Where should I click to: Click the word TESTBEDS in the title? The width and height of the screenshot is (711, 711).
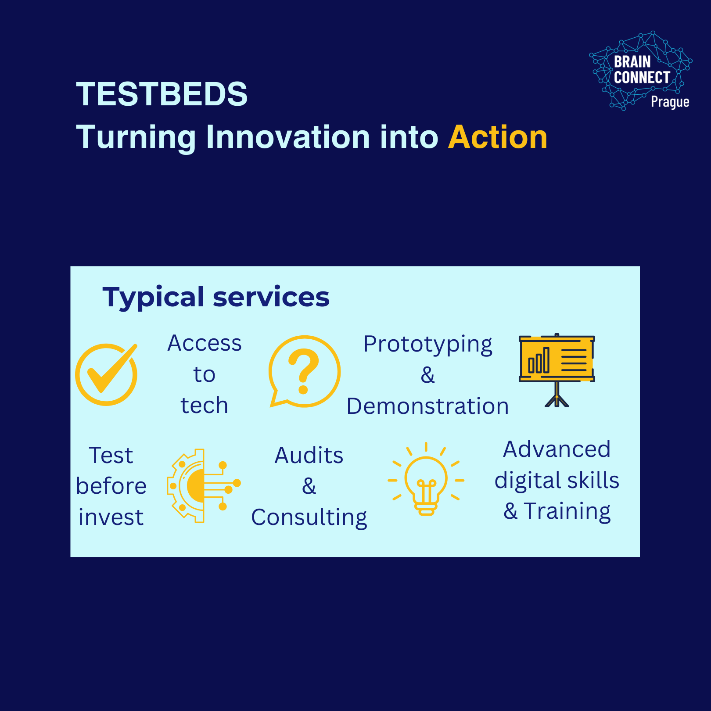[x=162, y=94]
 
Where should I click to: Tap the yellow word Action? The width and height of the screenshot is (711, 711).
[x=498, y=137]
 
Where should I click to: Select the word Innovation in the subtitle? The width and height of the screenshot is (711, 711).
[x=288, y=137]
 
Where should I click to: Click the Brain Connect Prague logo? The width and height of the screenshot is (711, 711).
[x=640, y=71]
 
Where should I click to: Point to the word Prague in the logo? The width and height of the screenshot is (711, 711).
[x=670, y=102]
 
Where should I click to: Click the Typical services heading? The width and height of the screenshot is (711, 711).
[x=216, y=297]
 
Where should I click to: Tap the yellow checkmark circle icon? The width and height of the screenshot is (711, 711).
[x=106, y=374]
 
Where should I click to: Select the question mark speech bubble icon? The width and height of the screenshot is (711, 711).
[x=304, y=371]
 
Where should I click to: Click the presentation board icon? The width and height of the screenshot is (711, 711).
[x=557, y=370]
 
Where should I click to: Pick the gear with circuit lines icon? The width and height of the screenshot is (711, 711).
[x=203, y=485]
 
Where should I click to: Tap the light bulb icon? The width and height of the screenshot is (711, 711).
[x=426, y=479]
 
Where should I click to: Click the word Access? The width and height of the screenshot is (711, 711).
[x=205, y=343]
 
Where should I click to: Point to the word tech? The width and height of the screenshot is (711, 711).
[x=205, y=405]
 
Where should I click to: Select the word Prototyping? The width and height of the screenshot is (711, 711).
[x=428, y=345]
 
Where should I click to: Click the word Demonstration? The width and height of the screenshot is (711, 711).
[x=428, y=406]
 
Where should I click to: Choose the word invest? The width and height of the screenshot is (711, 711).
[x=111, y=517]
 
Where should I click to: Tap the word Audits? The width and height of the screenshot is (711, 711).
[x=309, y=456]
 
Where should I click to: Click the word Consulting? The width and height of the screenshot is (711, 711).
[x=309, y=518]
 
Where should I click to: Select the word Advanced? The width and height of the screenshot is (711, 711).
[x=557, y=449]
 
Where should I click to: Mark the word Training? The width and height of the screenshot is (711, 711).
[x=567, y=512]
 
